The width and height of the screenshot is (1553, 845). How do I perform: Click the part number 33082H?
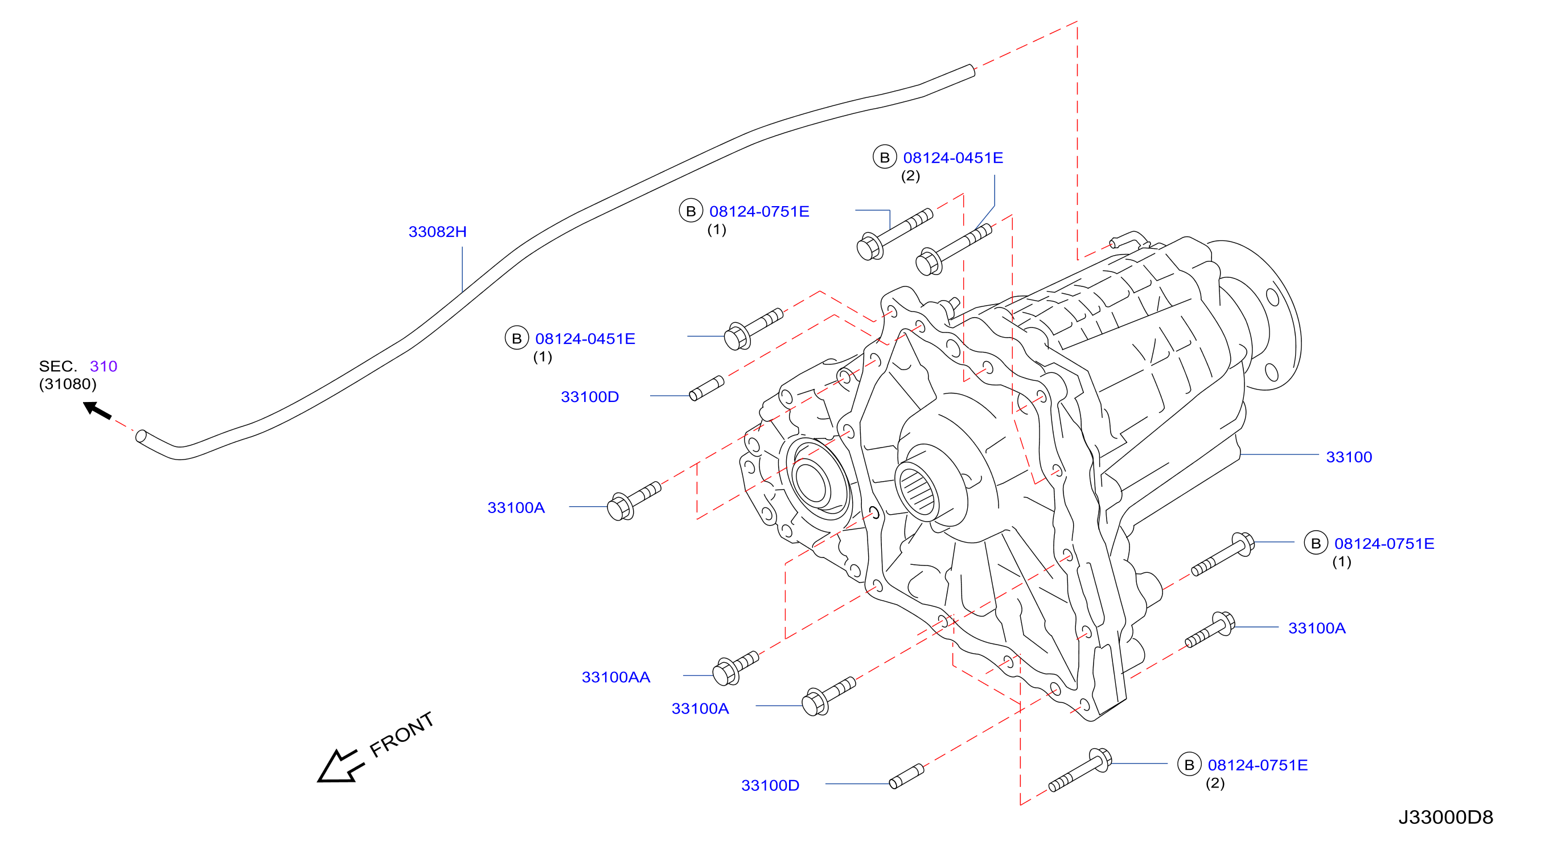tap(437, 232)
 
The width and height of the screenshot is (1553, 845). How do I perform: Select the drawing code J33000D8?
tap(1445, 817)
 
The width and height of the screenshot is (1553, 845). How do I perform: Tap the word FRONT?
tap(401, 734)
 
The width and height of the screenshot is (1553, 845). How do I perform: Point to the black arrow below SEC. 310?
tap(96, 410)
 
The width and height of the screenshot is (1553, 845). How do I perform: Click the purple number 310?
tap(103, 366)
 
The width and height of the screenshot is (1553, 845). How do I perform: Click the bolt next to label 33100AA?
tap(734, 668)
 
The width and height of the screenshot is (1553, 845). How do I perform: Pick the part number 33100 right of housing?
tap(1349, 457)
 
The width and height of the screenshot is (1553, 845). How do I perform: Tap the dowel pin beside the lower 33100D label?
tap(906, 776)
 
